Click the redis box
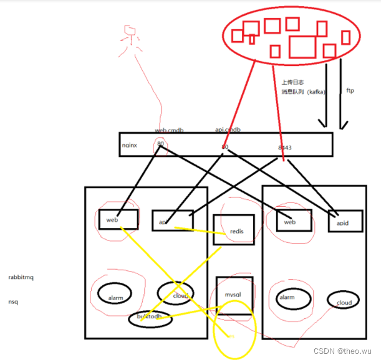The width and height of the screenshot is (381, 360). click(234, 230)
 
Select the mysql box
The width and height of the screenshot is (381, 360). click(234, 292)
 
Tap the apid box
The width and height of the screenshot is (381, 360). click(344, 220)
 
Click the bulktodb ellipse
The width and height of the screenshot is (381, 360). click(150, 318)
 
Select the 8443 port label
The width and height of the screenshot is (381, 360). click(285, 148)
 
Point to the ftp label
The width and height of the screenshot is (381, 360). click(350, 91)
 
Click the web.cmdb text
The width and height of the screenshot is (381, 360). click(169, 130)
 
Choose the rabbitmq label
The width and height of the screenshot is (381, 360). click(22, 276)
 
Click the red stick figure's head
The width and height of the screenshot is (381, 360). click(130, 31)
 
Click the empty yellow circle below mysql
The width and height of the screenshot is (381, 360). click(234, 329)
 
